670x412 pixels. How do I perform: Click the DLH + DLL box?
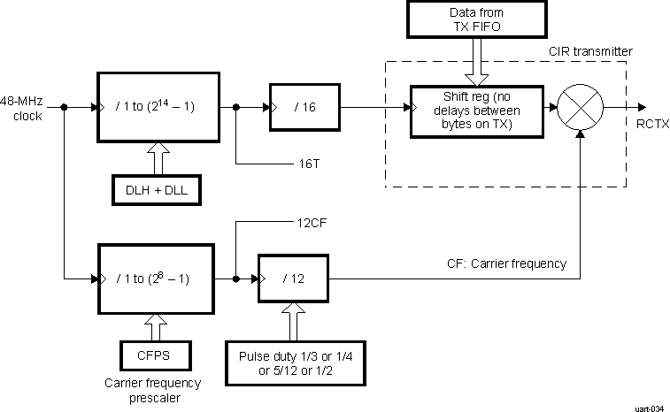pyautogui.click(x=156, y=188)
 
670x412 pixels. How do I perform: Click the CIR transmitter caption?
pyautogui.click(x=589, y=52)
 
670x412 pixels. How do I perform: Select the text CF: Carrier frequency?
pyautogui.click(x=506, y=263)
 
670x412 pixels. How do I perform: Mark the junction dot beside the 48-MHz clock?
pyautogui.click(x=65, y=108)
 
